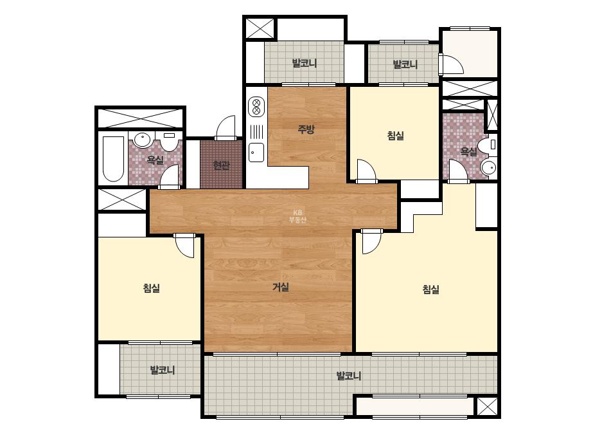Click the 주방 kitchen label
point(306,129)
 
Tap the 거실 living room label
point(281,287)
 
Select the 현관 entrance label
point(221,165)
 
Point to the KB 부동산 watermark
point(297,216)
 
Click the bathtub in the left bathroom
point(114,159)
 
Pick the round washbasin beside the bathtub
point(142,140)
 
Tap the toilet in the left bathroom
point(168,141)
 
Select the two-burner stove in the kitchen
point(256,106)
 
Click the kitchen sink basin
point(256,153)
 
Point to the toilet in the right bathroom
point(487,145)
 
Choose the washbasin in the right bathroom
point(489,167)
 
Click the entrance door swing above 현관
point(226,127)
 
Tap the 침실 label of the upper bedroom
point(396,135)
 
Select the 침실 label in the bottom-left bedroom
point(151,288)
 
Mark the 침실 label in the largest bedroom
point(430,290)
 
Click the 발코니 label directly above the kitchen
point(305,63)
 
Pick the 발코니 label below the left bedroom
point(163,370)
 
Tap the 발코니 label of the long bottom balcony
point(349,376)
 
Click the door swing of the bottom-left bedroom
point(185,246)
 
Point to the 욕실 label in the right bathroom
point(468,152)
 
